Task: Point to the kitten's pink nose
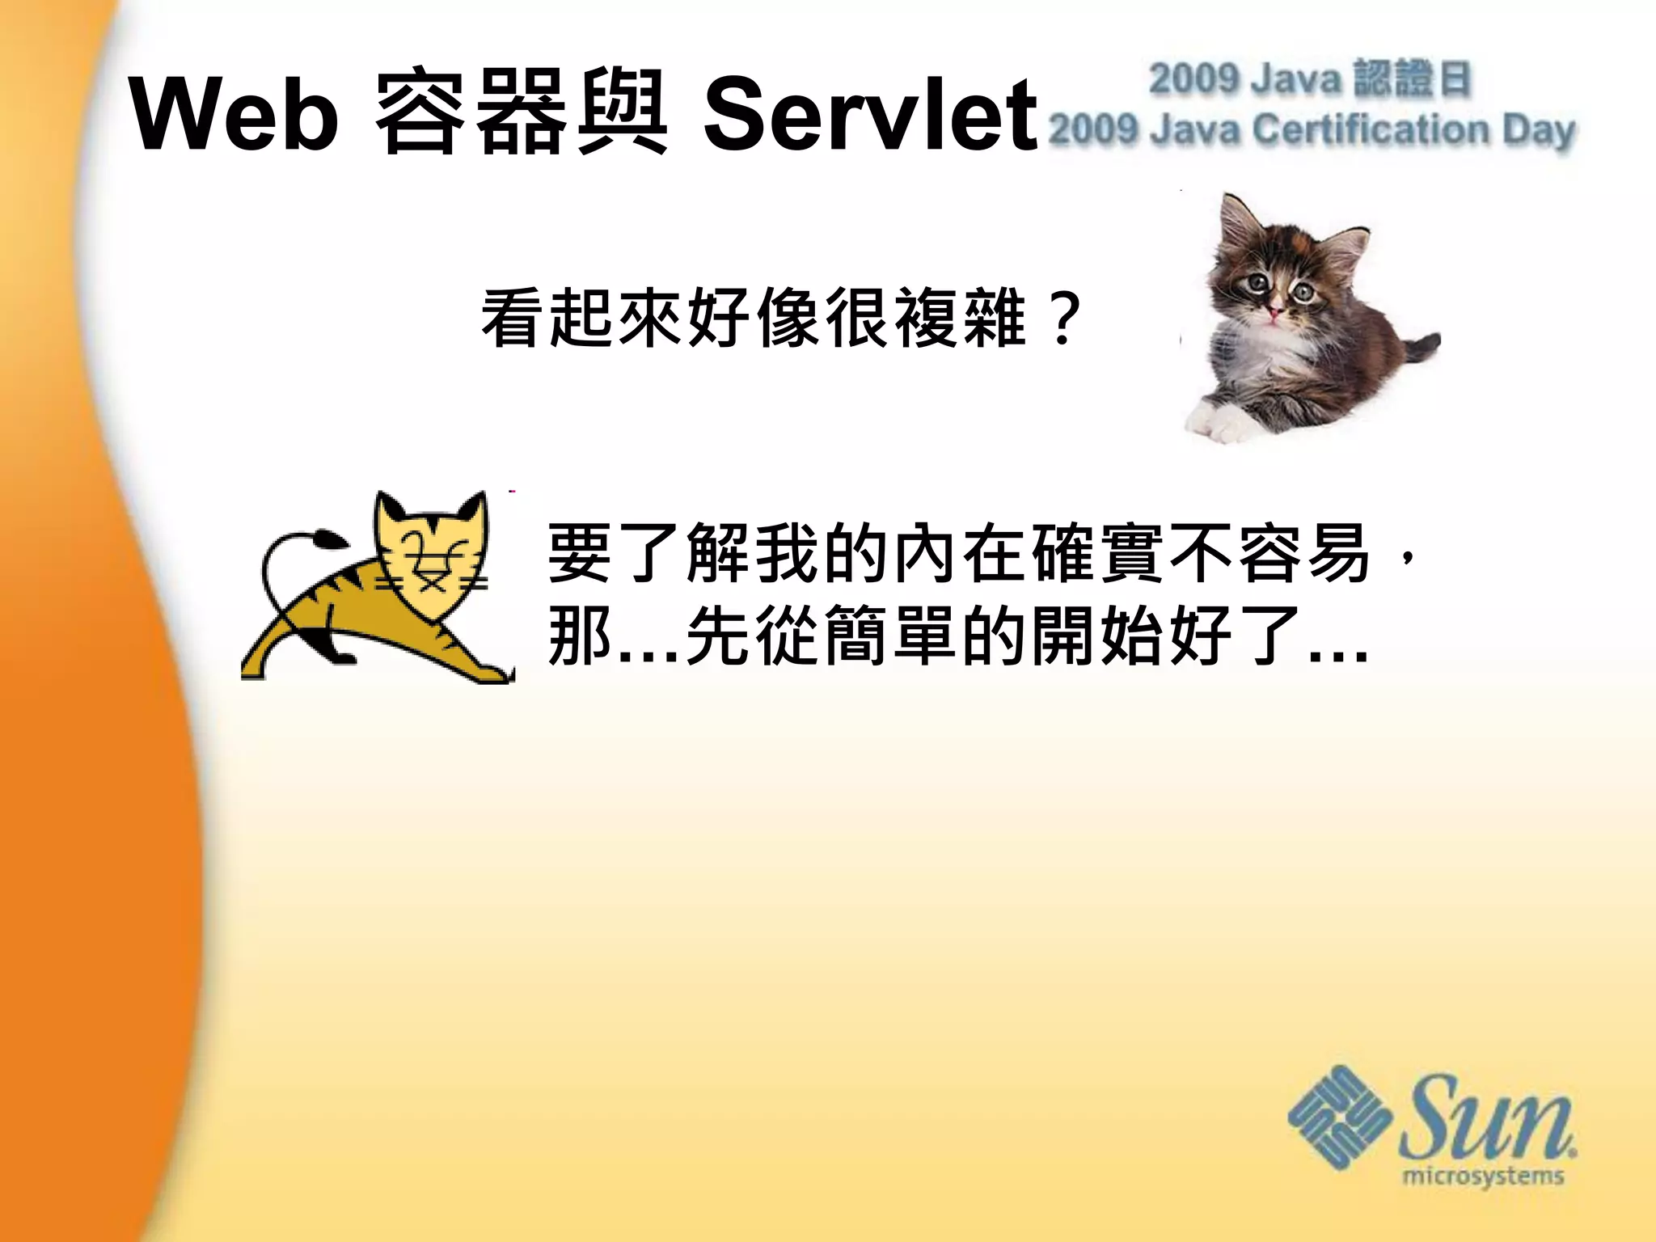tap(1275, 310)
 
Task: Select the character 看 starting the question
tap(513, 319)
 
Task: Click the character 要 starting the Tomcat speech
tap(579, 553)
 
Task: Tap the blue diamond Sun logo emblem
tap(1338, 1117)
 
